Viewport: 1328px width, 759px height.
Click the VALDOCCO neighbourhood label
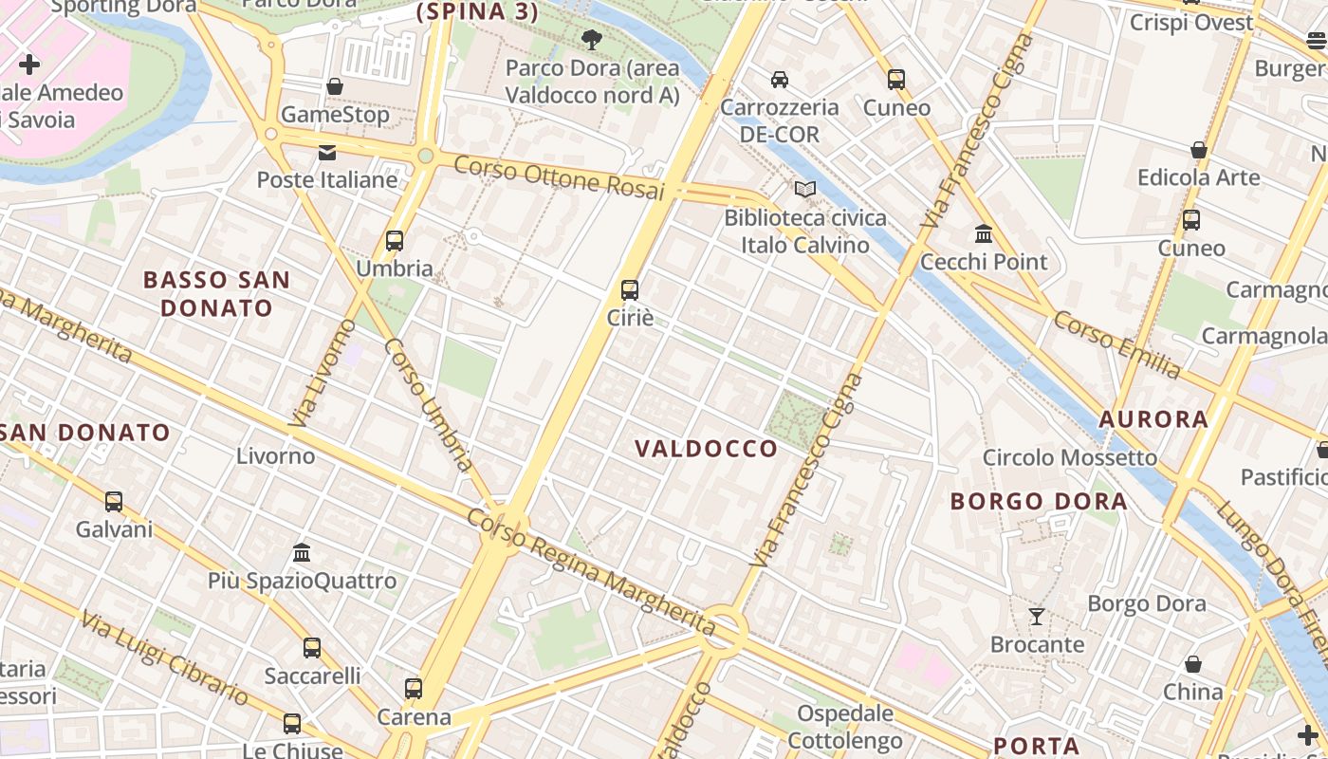click(706, 449)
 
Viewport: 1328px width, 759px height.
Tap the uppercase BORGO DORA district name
click(1039, 501)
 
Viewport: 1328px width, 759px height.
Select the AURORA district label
click(1153, 419)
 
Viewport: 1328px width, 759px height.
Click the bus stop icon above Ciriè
click(630, 290)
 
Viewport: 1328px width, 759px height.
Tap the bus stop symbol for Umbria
click(395, 241)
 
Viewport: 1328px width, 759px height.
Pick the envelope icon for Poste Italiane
click(327, 153)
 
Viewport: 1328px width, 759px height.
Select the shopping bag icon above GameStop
click(335, 87)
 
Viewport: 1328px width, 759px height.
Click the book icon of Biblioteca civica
click(805, 190)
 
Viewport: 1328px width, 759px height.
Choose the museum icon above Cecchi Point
click(984, 233)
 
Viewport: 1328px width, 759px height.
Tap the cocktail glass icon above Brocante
click(1037, 617)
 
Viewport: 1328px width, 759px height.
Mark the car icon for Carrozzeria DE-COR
click(780, 80)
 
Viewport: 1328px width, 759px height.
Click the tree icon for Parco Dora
click(592, 40)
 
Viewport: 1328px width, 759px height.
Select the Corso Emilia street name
click(1116, 343)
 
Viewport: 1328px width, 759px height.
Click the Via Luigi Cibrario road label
click(165, 658)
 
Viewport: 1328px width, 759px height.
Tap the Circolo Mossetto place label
click(1070, 458)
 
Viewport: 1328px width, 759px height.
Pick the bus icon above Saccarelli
click(312, 648)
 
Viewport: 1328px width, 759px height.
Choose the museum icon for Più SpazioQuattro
click(302, 552)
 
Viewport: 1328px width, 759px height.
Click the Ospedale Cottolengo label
click(845, 727)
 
